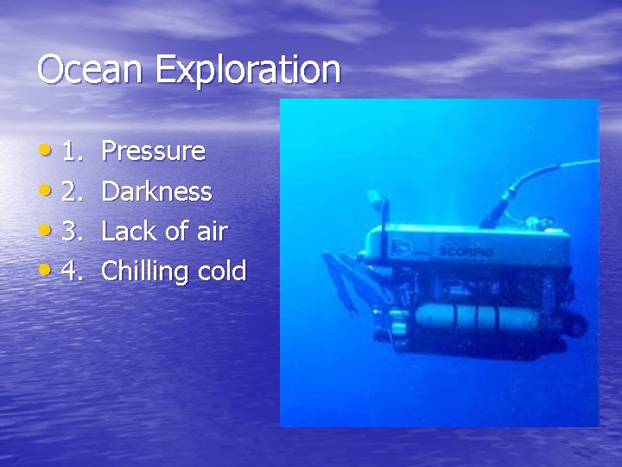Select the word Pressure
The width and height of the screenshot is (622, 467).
coord(153,151)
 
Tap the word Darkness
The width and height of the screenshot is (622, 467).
coord(156,191)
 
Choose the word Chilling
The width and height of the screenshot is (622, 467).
coord(145,272)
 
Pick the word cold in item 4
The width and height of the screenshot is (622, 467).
coord(222,271)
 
